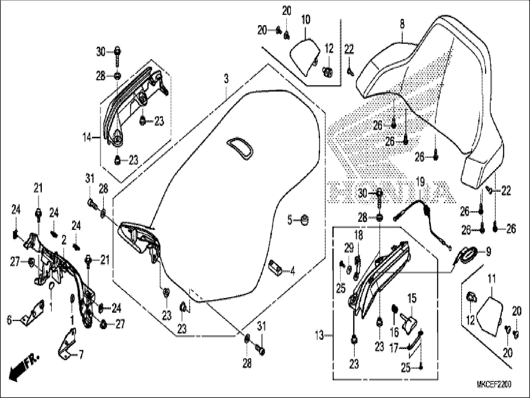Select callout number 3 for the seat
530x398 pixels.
click(x=226, y=79)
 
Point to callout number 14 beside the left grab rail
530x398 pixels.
click(x=87, y=137)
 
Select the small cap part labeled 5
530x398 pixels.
click(x=305, y=220)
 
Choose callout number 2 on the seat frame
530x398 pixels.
click(x=64, y=240)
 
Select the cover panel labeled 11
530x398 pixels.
click(x=490, y=316)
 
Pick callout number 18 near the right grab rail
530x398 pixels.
click(x=358, y=235)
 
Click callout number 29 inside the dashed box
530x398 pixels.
click(x=349, y=248)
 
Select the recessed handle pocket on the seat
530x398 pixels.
click(x=240, y=148)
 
